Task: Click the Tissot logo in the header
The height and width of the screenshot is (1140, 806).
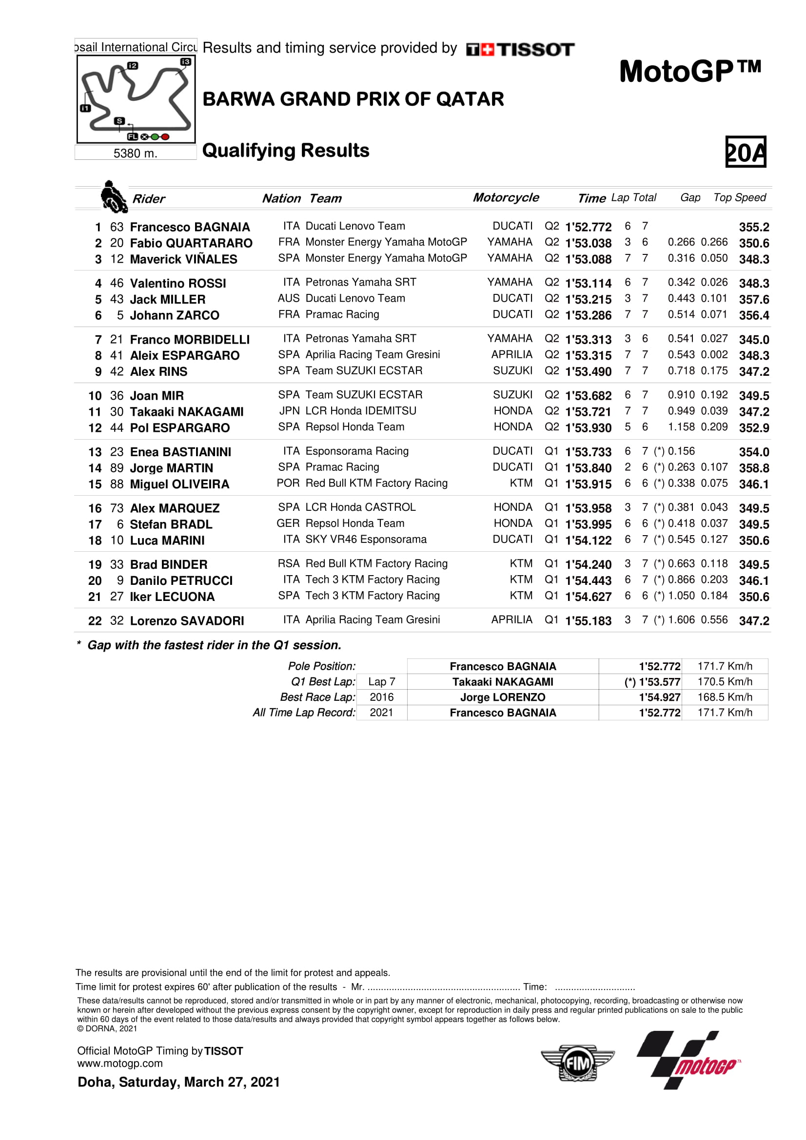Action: pyautogui.click(x=520, y=49)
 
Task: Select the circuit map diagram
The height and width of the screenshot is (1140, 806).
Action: pyautogui.click(x=136, y=99)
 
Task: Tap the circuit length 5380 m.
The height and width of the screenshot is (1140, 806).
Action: pyautogui.click(x=135, y=154)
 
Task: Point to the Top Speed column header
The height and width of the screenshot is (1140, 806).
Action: pyautogui.click(x=740, y=197)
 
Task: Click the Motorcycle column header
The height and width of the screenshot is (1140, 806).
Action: pyautogui.click(x=506, y=197)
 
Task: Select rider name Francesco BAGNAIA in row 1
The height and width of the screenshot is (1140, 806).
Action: pyautogui.click(x=190, y=227)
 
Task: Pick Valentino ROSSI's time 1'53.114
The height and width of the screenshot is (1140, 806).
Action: pyautogui.click(x=588, y=284)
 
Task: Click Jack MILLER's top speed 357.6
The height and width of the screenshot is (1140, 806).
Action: pyautogui.click(x=754, y=299)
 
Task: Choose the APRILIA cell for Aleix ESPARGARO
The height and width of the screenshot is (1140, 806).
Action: pyautogui.click(x=511, y=354)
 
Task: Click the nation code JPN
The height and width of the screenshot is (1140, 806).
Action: pyautogui.click(x=290, y=411)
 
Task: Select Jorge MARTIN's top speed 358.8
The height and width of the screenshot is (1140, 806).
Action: pyautogui.click(x=754, y=468)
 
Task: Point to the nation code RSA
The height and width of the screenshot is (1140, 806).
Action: pyautogui.click(x=289, y=563)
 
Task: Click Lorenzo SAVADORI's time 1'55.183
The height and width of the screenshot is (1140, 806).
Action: pyautogui.click(x=588, y=620)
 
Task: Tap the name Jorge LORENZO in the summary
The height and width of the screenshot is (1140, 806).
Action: pyautogui.click(x=503, y=697)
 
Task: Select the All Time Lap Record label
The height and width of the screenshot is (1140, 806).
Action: pyautogui.click(x=304, y=713)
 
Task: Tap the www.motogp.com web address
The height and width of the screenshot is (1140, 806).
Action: pyautogui.click(x=119, y=1063)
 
